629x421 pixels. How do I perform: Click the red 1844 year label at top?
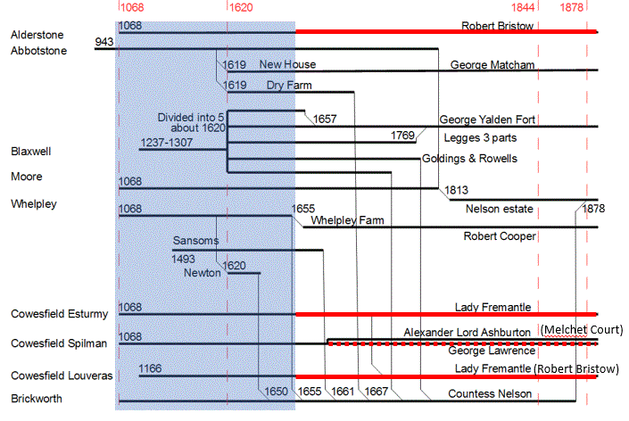(524, 7)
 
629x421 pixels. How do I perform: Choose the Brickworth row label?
(36, 399)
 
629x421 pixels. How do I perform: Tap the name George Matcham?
(492, 65)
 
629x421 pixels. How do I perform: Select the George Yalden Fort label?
(487, 120)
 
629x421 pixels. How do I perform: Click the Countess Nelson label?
(490, 393)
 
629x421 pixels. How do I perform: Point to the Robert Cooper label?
(500, 236)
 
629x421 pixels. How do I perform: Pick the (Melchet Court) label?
(581, 330)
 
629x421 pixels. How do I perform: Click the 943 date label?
(104, 42)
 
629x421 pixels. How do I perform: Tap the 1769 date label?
(403, 136)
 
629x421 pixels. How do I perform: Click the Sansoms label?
(196, 241)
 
